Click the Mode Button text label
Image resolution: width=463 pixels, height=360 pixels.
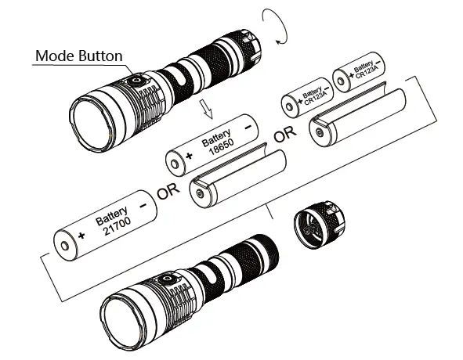point(78,56)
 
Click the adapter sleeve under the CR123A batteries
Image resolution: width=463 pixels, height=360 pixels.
point(361,113)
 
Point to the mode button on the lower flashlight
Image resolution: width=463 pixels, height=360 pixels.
point(167,280)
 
